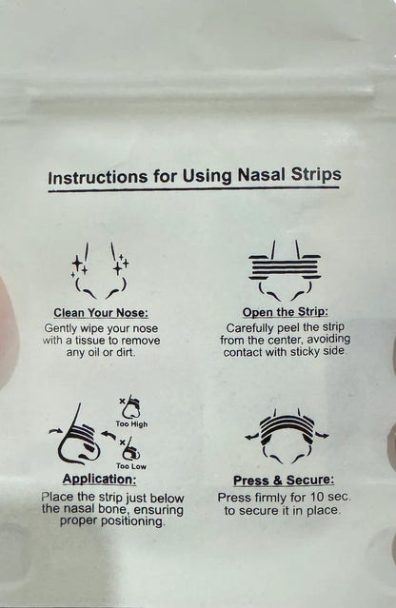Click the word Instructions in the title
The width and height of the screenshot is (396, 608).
(94, 176)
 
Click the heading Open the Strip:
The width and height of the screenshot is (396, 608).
(285, 312)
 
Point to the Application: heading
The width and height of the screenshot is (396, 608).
(98, 479)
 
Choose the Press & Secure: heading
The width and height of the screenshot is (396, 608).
(285, 481)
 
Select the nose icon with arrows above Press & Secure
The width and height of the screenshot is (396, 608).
(285, 437)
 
